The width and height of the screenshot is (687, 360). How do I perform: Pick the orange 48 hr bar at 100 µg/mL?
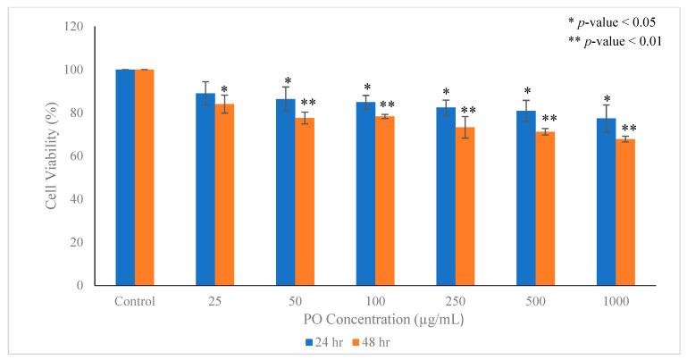coord(385,200)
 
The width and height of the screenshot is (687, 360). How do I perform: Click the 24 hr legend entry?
coord(318,340)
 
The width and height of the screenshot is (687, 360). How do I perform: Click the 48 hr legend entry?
coord(368,340)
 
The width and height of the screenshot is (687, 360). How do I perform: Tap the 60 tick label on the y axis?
coord(77,156)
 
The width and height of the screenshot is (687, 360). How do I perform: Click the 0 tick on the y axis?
coord(80,286)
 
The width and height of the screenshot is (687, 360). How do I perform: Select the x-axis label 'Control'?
coord(135,301)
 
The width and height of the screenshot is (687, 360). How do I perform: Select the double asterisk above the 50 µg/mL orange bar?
coord(308,103)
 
